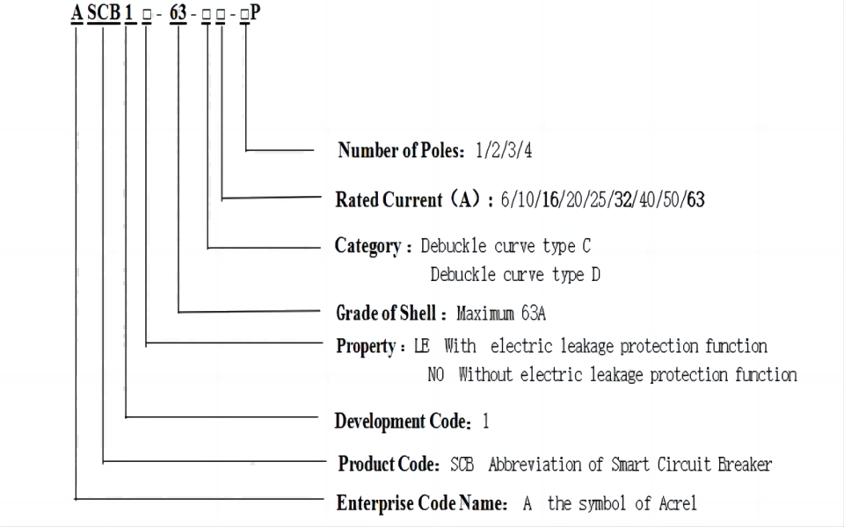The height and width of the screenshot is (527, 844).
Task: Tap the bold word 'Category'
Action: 367,245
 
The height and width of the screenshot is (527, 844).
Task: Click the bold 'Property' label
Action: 366,346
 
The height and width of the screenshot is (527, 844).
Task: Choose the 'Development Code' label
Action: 402,422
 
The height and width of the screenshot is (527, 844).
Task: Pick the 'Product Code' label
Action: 388,463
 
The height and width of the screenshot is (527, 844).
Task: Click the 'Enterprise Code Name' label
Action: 419,504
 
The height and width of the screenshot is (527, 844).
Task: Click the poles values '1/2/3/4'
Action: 504,151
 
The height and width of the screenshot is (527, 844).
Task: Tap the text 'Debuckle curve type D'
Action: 515,275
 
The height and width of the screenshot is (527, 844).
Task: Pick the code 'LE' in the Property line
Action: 423,346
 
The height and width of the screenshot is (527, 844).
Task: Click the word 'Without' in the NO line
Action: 486,375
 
